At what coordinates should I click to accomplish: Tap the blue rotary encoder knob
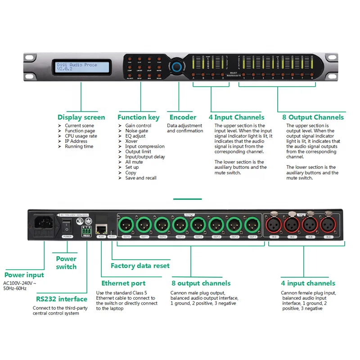coord(176,66)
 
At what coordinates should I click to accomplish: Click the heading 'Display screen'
coord(81,117)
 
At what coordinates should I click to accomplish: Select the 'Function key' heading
coord(139,117)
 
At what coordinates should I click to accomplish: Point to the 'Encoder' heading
coord(183,117)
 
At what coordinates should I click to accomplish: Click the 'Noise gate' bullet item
coord(136,131)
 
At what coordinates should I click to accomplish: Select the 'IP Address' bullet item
coord(76,141)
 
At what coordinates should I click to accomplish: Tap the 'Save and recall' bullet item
coord(141,178)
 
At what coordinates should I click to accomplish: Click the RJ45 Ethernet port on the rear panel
coord(102,229)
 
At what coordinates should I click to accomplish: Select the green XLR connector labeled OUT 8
coord(126,224)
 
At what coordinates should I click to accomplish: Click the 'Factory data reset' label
coord(140,265)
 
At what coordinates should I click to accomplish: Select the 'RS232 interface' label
coord(61,299)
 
